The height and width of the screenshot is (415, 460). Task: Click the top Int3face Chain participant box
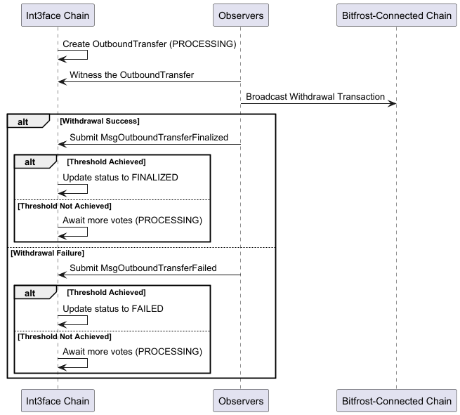58,15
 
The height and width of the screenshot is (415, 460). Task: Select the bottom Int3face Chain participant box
58,401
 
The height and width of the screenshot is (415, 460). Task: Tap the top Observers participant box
241,15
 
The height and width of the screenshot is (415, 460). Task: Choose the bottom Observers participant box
241,401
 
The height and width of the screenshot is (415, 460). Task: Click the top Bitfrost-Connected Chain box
396,15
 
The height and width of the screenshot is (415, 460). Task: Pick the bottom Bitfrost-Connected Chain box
396,401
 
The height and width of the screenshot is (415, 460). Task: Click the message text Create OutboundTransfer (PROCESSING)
149,44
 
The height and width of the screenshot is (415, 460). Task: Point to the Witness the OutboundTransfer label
131,75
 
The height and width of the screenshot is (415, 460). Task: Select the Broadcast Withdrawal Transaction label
315,97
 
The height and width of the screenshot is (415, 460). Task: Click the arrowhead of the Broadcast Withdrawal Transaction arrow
393,104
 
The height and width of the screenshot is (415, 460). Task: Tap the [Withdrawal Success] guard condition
99,121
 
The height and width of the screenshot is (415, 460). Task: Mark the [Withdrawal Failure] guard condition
47,253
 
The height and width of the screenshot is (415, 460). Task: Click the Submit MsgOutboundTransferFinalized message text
148,138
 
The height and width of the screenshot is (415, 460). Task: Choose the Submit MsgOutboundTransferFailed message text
143,268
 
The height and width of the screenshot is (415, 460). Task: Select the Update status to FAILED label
113,309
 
